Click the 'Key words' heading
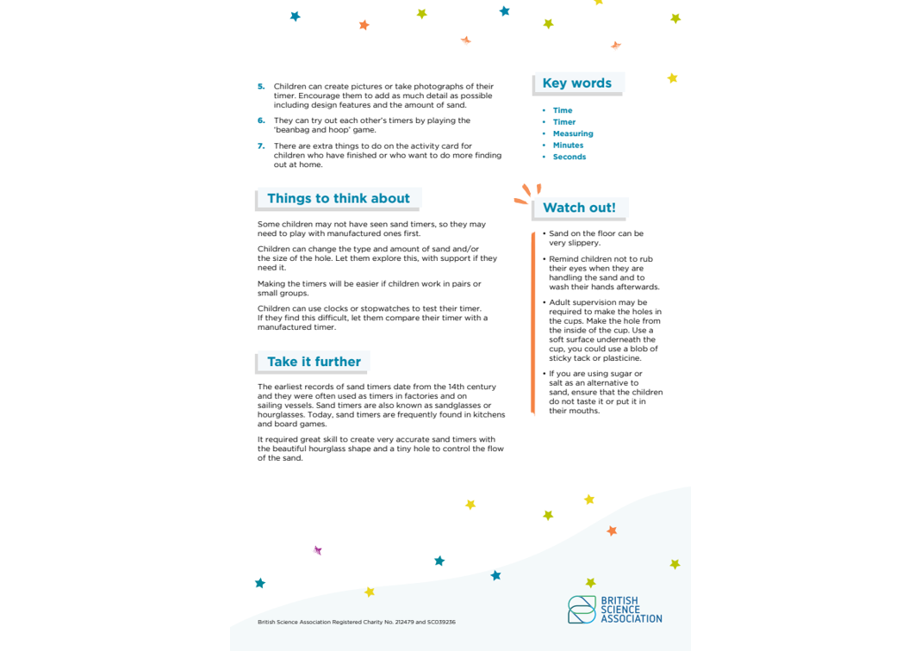click(x=576, y=84)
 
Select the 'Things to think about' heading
click(x=338, y=198)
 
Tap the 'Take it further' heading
click(x=314, y=362)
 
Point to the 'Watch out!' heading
click(x=579, y=208)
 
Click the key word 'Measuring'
click(x=573, y=133)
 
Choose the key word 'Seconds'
click(x=569, y=157)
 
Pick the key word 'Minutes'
click(x=568, y=146)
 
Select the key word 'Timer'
click(x=563, y=122)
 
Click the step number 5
click(x=261, y=86)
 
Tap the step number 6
click(x=261, y=121)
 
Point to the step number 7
click(x=261, y=146)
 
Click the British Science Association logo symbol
click(x=582, y=609)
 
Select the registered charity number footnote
click(x=356, y=622)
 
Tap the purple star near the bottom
click(x=318, y=550)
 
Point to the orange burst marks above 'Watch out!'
click(x=526, y=194)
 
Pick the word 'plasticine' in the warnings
click(x=620, y=358)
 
